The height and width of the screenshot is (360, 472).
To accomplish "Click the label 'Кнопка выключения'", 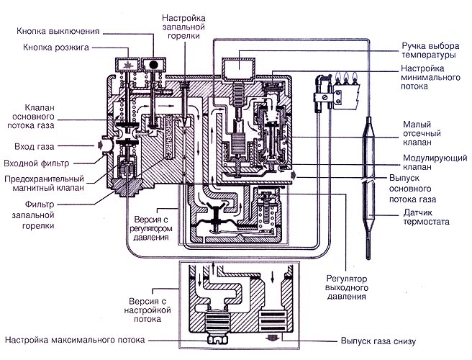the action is point(58,32).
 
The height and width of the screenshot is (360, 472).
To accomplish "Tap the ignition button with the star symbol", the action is point(127,65).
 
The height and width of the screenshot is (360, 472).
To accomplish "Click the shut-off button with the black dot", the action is point(153,65).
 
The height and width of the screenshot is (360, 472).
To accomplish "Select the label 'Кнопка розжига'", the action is point(56,48).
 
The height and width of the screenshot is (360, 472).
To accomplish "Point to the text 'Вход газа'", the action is point(35,147).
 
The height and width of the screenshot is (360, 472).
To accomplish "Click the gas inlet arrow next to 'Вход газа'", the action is point(100,145).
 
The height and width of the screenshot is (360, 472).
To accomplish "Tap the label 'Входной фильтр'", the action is point(37,163).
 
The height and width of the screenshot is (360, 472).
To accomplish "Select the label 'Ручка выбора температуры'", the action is point(430,50).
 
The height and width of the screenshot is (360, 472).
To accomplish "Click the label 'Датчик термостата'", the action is point(426,217).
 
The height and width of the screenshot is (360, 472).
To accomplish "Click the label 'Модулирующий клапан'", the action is point(435,162).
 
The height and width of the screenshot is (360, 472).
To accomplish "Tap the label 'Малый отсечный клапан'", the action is point(422,133).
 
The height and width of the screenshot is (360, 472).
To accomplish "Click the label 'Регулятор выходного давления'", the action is point(347,288).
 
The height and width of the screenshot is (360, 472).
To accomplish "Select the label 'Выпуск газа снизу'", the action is point(378,341).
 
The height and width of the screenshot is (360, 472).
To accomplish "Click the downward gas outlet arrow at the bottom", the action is point(272,338).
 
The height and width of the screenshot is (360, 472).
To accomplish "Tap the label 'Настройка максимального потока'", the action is point(75,340).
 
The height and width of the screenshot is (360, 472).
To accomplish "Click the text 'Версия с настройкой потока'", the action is point(147,310).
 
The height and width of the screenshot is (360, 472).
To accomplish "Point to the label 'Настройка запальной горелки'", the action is point(183,27).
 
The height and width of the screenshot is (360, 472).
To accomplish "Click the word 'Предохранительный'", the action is point(44,179).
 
